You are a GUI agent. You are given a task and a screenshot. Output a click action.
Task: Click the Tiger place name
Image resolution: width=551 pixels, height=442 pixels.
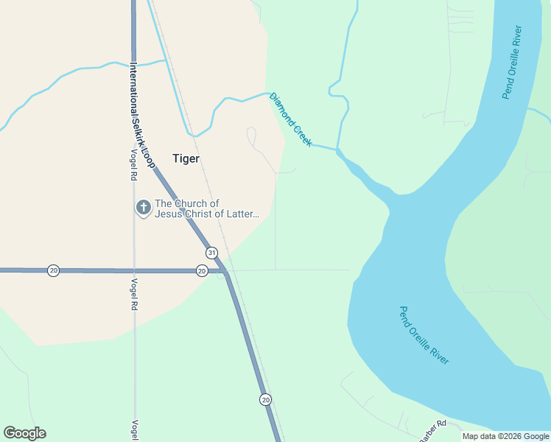coord(186,158)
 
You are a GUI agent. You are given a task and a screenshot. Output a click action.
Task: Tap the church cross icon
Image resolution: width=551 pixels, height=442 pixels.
coord(143,208)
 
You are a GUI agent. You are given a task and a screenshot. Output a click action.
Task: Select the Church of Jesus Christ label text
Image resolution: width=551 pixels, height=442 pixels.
coord(207,209)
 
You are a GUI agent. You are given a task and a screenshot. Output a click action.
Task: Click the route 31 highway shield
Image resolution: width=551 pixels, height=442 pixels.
coord(211,253)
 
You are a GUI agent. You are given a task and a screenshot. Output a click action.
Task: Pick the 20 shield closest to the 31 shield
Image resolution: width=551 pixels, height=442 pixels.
coord(202,271)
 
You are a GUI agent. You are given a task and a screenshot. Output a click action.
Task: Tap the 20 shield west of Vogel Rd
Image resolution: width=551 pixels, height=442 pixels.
coord(53,270)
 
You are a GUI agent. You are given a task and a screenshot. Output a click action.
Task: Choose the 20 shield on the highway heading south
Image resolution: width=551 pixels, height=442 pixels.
coord(265,399)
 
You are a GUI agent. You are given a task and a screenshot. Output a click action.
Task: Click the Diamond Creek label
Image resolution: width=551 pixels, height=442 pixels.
coord(290,119)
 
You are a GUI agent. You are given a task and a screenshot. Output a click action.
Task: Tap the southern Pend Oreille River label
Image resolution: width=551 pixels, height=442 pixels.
coord(424,335)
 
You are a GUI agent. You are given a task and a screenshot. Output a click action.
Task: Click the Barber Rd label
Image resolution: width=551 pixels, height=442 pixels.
coord(432,431)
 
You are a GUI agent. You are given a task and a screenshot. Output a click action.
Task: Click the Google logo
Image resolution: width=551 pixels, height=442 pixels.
coord(24,433)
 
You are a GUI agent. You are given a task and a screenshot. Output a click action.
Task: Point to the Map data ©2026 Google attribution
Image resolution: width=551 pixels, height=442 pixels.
coord(506,436)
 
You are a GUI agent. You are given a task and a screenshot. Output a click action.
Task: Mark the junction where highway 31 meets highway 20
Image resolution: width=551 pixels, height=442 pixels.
coord(225,271)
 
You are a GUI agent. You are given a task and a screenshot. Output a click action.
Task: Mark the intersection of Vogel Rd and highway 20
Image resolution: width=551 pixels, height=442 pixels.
coord(134,270)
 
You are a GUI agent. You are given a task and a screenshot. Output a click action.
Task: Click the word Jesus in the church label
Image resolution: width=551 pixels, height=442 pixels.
coord(170,214)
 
